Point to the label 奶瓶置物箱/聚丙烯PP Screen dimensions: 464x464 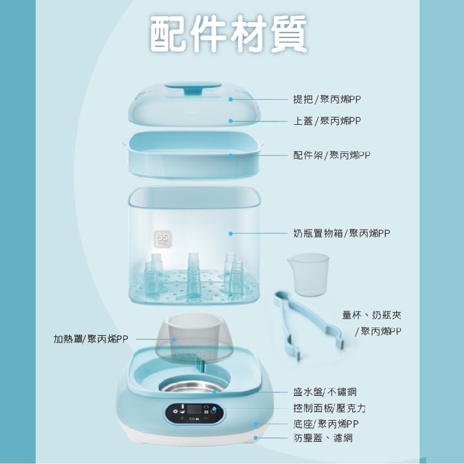(342, 233)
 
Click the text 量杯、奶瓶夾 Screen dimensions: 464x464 (372, 316)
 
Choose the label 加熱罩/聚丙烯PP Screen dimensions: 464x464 (90, 340)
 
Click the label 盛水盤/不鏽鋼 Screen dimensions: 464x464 (325, 392)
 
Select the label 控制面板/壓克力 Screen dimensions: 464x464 (329, 408)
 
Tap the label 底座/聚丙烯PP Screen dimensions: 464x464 (326, 424)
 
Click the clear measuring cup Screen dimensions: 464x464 (308, 274)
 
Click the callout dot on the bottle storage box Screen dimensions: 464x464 (231, 233)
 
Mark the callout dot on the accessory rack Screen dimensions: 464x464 (231, 155)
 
